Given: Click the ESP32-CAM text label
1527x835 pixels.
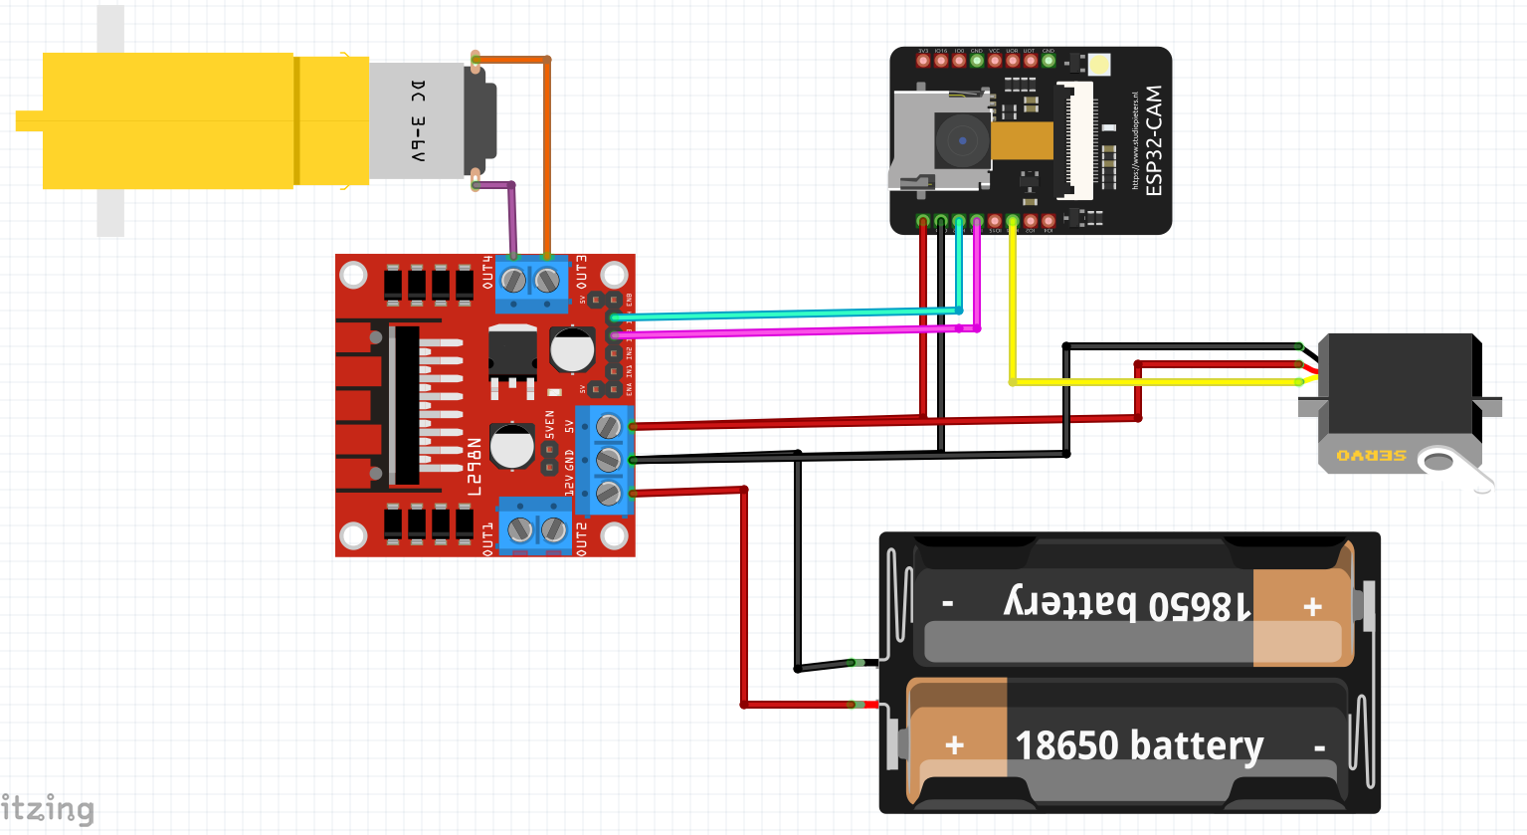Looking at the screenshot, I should point(1153,140).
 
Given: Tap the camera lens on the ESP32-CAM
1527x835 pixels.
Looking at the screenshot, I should point(962,140).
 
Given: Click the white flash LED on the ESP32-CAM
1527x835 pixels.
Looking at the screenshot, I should point(1098,65).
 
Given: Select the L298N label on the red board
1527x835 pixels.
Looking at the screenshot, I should point(475,466).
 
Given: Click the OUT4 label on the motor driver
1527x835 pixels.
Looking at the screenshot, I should point(487,273).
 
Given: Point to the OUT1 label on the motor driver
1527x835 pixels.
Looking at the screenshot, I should point(487,537).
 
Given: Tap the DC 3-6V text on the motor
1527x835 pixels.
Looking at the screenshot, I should point(418,121).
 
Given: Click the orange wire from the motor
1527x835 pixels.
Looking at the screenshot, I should point(547,149).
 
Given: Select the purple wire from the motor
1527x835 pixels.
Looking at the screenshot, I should point(512,219).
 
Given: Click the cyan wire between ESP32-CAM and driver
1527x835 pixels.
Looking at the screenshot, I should point(786,314).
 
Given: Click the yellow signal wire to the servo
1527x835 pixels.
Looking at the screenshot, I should point(1144,382).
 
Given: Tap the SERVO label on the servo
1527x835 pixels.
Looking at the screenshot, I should point(1371,456).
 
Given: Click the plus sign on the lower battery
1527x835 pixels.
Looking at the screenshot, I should point(955,745).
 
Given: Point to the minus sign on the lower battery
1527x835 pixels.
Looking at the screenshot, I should point(1319,747).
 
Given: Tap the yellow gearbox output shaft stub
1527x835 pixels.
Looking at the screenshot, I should point(29,121).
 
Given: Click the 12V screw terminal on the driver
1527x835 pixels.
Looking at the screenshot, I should point(608,493).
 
